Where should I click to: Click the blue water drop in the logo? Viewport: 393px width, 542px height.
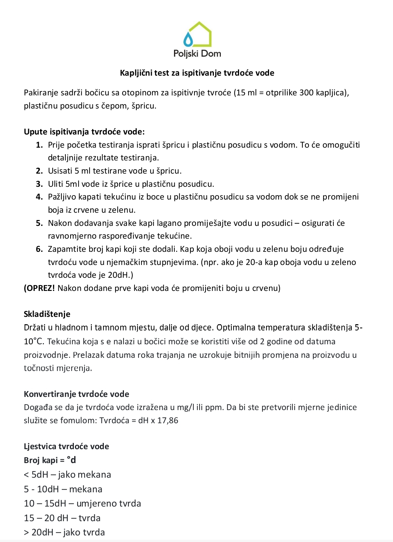pos(188,39)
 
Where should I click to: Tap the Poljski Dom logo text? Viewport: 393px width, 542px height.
pos(197,54)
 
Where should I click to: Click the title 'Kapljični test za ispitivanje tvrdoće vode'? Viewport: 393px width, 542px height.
pos(197,73)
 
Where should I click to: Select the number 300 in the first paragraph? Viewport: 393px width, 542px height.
pos(306,92)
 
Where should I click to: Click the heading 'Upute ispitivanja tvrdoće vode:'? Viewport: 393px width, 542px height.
pos(84,132)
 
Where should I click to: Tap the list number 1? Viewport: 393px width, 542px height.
pos(39,145)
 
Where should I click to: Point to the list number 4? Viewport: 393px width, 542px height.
pos(39,197)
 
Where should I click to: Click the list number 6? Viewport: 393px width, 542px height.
pos(39,249)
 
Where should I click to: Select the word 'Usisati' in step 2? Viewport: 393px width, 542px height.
pos(60,171)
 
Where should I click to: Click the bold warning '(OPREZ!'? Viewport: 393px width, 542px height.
pos(39,288)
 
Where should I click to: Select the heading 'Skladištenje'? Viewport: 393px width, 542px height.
pos(47,314)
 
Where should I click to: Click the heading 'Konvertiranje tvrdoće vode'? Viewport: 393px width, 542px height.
pos(76,394)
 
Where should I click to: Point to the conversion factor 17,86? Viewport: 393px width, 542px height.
pos(168,420)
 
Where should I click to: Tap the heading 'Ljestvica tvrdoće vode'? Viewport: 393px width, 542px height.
pos(66,446)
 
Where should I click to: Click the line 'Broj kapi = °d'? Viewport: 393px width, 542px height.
pos(50,460)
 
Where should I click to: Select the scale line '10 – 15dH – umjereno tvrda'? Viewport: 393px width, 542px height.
pos(82,503)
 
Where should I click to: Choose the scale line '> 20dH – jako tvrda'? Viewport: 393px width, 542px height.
pos(64,532)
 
